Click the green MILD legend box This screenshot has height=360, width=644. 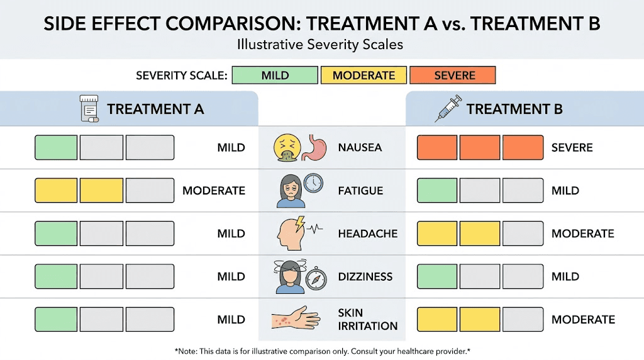tap(275, 76)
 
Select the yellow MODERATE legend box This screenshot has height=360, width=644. tap(364, 76)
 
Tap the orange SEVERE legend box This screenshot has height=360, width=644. tap(452, 76)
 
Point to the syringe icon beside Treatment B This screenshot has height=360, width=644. tap(447, 109)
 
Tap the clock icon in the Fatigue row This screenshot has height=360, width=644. tap(312, 183)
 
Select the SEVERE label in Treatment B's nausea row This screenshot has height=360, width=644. tap(572, 148)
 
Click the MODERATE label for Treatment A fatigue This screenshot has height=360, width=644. tap(213, 191)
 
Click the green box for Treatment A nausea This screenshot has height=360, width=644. tap(56, 148)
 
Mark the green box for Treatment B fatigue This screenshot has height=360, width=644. tap(437, 191)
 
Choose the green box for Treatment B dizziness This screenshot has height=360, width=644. tap(437, 276)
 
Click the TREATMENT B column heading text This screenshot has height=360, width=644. tap(514, 109)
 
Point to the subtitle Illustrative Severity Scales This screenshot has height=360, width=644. tap(321, 45)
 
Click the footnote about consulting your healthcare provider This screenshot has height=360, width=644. tap(322, 350)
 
